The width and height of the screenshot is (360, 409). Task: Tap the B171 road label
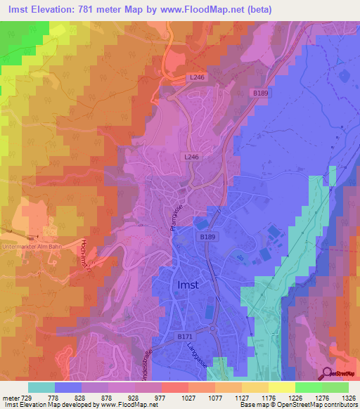(185, 337)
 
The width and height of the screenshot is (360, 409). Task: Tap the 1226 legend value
(286, 397)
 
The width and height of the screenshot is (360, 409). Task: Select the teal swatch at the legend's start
(41, 387)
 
